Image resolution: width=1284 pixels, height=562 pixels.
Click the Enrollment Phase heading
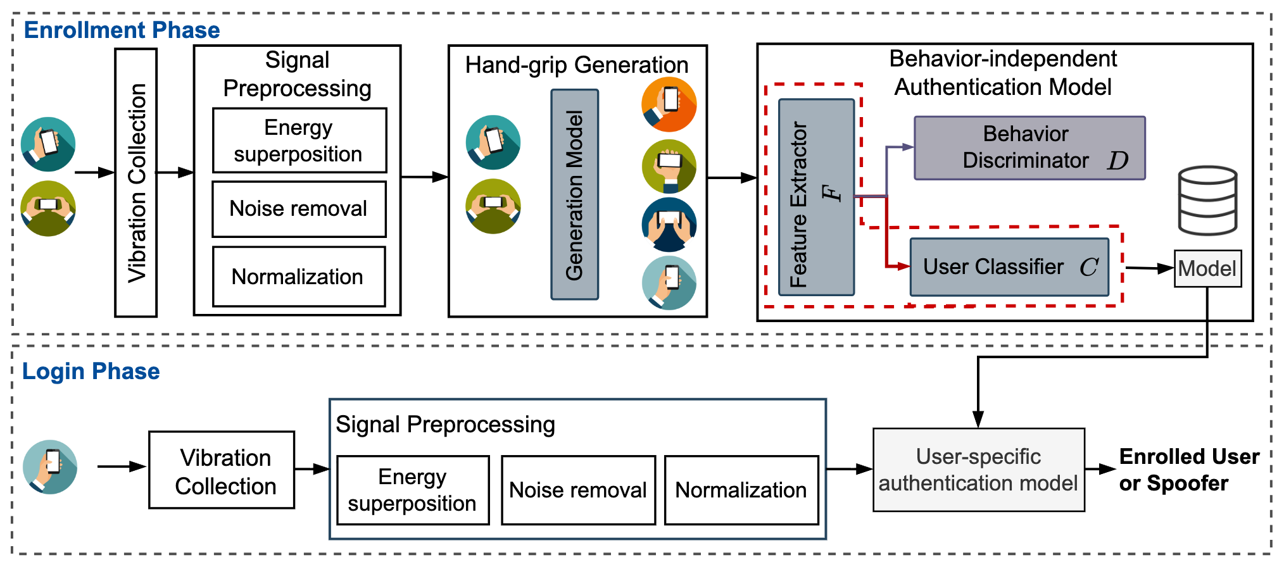pos(122,30)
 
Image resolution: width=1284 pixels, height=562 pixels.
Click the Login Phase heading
pos(91,372)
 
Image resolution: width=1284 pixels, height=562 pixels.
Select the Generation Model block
pos(574,194)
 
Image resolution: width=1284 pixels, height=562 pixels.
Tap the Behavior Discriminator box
pos(1029,148)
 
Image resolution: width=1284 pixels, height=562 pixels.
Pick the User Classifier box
pos(1009,267)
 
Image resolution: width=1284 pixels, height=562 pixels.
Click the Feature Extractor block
pos(816,197)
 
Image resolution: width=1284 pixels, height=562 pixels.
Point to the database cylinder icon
pos(1207,200)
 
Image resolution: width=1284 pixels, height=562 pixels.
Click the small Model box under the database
pos(1207,269)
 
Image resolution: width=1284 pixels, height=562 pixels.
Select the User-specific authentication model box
pos(978,470)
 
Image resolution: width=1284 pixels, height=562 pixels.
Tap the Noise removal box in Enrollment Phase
pos(299,209)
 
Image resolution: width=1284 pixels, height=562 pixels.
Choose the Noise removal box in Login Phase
pos(578,490)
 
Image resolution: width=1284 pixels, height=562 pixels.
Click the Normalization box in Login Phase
pos(741,490)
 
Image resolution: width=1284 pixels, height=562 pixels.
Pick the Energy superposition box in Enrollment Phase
pos(299,140)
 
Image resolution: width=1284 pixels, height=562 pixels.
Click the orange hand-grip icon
pos(669,104)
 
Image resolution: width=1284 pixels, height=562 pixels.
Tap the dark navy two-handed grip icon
pos(669,225)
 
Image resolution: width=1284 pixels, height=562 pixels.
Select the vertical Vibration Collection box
pos(136,182)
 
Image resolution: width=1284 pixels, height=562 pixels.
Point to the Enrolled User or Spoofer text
pos(1188,470)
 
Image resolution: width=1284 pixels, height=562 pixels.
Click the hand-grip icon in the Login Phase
pos(50,467)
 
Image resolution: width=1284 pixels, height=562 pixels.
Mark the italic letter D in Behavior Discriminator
pos(1117,161)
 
